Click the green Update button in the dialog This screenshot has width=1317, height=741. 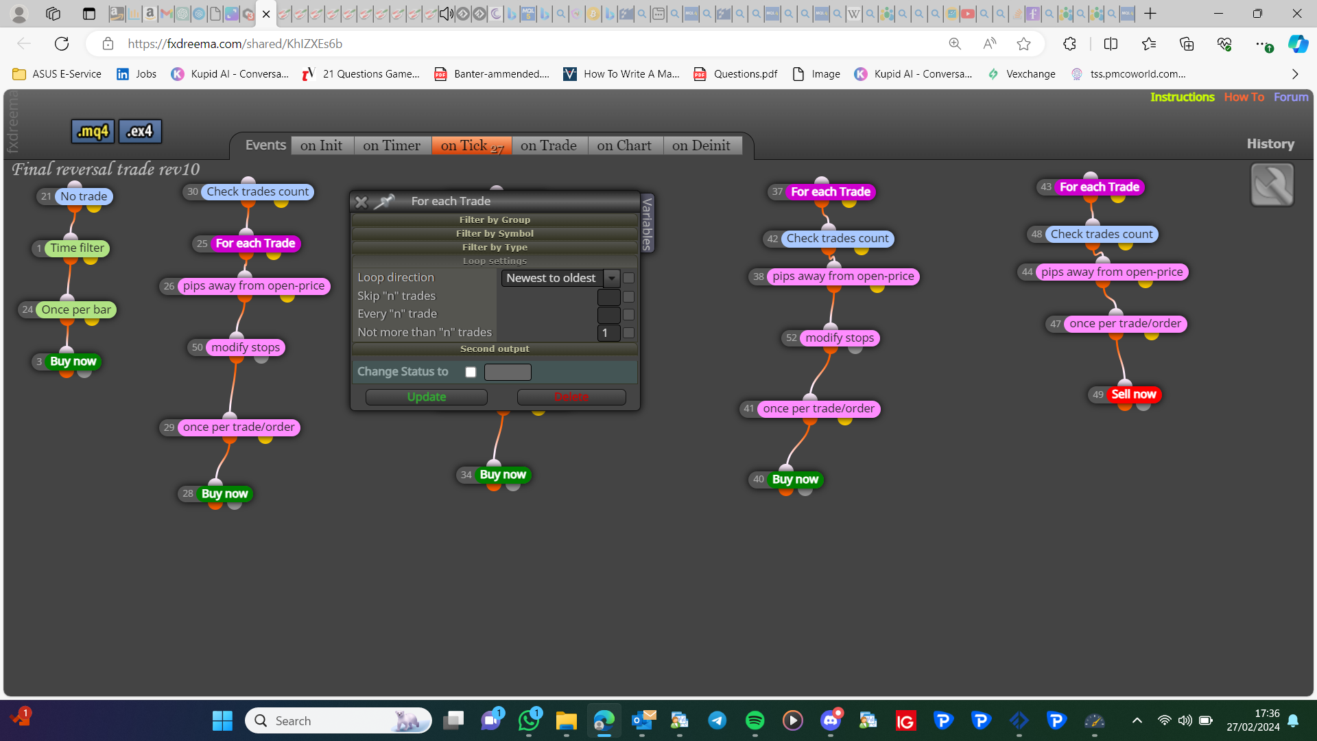click(426, 397)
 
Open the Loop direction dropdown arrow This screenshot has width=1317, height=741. click(612, 278)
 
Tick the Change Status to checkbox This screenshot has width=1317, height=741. click(471, 372)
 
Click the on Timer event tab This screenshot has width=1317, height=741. click(392, 145)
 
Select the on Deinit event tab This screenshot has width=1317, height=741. click(701, 145)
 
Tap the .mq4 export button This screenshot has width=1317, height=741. click(93, 131)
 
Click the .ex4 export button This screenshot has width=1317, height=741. click(140, 131)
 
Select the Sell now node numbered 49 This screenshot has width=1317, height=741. click(1133, 395)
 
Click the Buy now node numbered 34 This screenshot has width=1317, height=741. click(503, 475)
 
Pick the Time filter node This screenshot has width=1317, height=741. click(78, 248)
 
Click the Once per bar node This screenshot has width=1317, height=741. click(76, 310)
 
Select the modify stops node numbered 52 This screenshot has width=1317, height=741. click(840, 338)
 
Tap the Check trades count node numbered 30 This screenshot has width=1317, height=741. click(258, 192)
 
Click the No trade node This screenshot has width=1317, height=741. click(84, 197)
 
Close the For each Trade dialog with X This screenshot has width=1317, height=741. click(361, 202)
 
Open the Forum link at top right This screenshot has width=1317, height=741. click(1291, 97)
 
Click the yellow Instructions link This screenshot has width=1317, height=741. click(1183, 97)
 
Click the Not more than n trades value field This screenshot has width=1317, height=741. click(609, 333)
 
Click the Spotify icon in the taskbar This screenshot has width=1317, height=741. click(755, 720)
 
